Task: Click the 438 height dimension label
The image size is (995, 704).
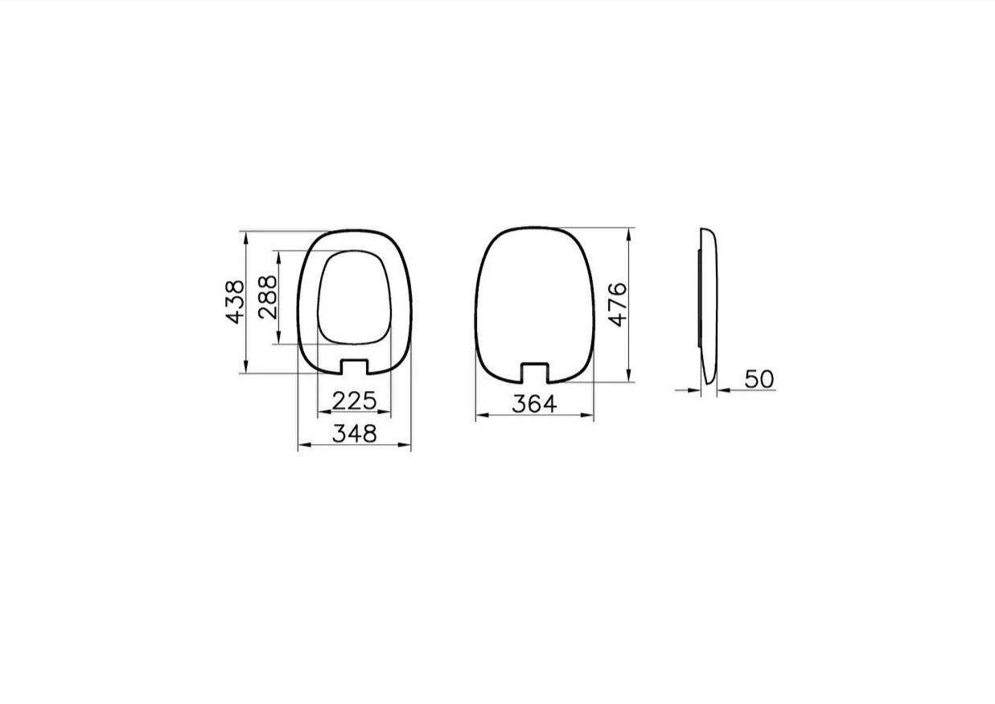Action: click(x=234, y=302)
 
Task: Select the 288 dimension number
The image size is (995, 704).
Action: click(x=268, y=297)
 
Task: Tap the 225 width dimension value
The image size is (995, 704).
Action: click(x=354, y=400)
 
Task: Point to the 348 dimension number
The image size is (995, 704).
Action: click(x=354, y=434)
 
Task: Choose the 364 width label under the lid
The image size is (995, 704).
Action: click(x=534, y=404)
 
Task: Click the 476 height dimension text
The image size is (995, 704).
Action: click(x=617, y=304)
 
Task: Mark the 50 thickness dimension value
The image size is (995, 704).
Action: click(x=759, y=379)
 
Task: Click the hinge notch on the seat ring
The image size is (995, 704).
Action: click(x=354, y=367)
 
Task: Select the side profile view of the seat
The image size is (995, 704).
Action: click(x=709, y=306)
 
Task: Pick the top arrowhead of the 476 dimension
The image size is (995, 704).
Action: click(x=628, y=232)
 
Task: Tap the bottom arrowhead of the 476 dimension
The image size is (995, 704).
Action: click(x=628, y=377)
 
